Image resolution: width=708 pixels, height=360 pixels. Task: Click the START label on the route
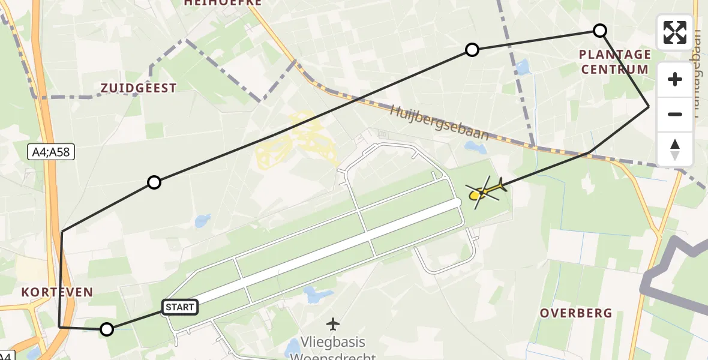179,308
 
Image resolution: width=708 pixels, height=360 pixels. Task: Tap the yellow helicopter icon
485,191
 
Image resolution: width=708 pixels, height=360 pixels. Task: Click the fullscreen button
675,32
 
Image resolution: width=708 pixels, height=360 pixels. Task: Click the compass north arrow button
675,149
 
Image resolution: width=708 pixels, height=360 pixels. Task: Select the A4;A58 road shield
52,153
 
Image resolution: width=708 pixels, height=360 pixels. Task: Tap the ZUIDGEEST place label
139,88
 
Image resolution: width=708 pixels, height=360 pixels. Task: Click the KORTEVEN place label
58,293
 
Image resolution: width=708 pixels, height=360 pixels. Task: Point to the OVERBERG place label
575,313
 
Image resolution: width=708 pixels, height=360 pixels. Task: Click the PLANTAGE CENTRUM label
614,62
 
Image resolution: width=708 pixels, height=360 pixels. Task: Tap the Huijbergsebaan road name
439,122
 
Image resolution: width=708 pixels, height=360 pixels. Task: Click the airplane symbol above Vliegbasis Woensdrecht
333,324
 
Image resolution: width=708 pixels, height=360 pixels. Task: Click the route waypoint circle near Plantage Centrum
599,31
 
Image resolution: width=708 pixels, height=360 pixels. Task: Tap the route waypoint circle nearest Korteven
107,329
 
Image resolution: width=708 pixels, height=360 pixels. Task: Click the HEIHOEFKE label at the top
223,2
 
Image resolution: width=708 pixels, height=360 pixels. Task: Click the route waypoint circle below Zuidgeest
154,182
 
